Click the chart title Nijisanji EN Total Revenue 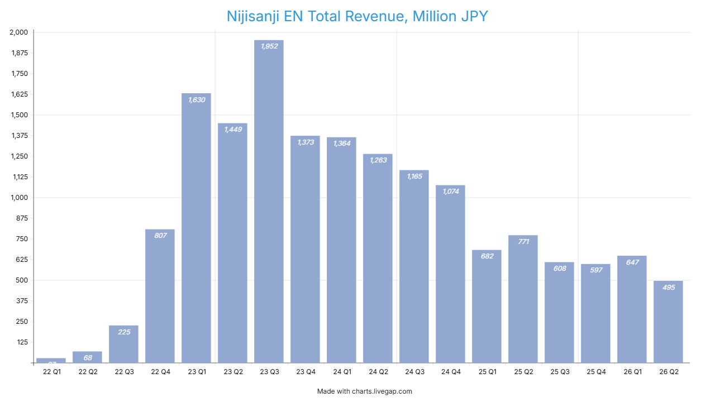357,16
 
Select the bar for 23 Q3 269,201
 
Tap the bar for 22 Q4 160,296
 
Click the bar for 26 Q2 668,322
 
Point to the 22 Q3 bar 123,344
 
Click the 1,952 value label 269,46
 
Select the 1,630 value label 197,100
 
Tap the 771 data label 523,242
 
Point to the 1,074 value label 450,192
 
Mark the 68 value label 87,358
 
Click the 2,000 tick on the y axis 18,32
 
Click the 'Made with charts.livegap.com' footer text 364,391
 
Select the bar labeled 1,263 378,257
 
